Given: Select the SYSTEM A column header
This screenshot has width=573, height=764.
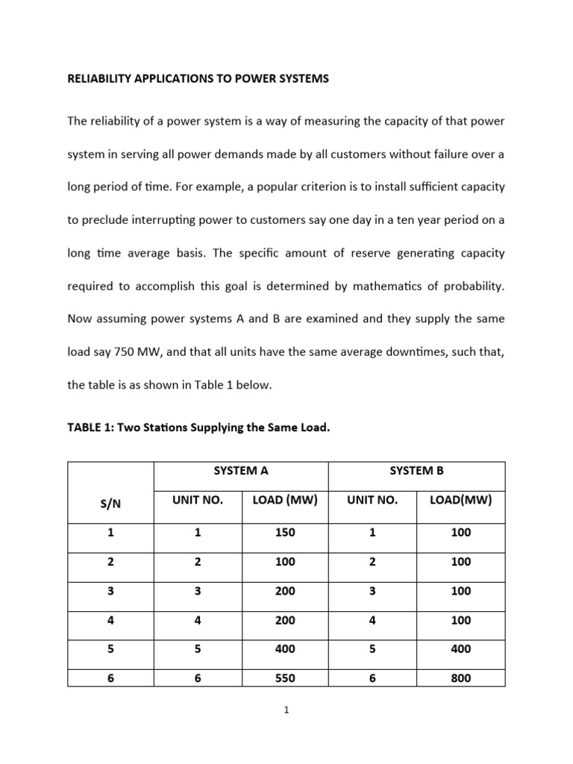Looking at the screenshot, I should [x=241, y=470].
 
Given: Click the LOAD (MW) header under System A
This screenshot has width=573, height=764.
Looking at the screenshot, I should [x=284, y=500].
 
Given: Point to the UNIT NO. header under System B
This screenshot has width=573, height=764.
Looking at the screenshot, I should [x=372, y=500].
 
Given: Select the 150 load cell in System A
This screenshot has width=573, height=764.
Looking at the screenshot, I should [x=284, y=533].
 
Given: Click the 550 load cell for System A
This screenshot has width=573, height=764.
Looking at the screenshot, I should [x=284, y=678].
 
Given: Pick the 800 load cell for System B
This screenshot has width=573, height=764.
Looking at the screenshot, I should [x=460, y=678].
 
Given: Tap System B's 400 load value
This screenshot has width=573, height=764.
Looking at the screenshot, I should [x=460, y=649].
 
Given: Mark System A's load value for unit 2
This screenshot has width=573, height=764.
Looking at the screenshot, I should [x=284, y=562].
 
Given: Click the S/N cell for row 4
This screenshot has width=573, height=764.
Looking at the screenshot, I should [x=110, y=620].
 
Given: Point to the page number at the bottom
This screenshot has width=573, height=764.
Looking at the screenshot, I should [x=286, y=711].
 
